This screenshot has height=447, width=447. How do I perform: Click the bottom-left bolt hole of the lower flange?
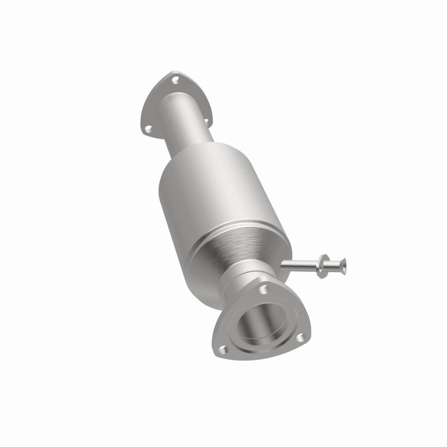click(222, 350)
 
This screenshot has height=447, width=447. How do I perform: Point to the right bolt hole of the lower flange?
click(300, 338)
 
